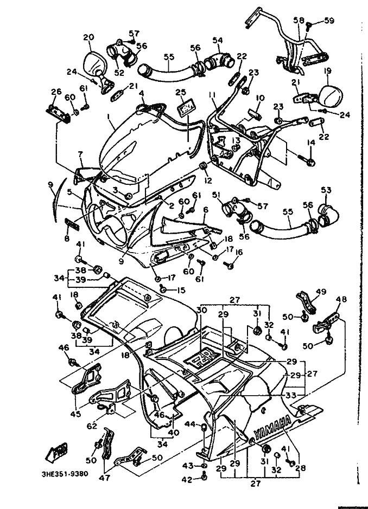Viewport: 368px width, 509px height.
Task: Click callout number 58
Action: coord(299,20)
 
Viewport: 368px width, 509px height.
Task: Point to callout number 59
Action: coord(328,21)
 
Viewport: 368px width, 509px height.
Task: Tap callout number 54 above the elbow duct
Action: coord(217,40)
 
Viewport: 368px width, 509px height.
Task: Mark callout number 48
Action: coord(340,299)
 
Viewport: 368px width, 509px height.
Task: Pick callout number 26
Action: coord(55,91)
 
